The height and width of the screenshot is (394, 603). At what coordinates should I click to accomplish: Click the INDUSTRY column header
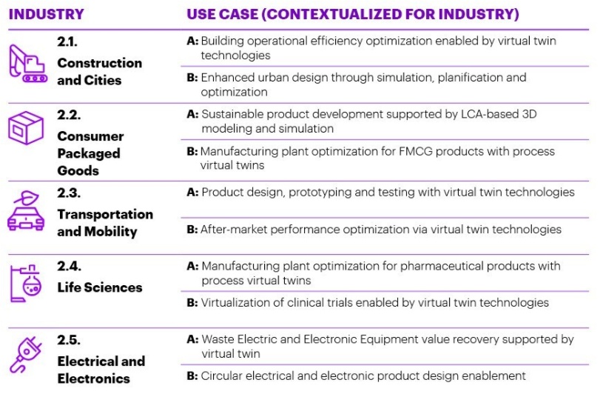46,14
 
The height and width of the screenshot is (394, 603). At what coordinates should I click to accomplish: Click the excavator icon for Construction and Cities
27,64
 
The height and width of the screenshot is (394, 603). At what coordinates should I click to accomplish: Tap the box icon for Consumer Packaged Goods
26,128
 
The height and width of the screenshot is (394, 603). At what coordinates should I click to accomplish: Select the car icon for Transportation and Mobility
26,211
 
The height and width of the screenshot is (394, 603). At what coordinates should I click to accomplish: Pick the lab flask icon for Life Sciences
26,283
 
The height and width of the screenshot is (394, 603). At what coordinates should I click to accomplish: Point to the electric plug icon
26,355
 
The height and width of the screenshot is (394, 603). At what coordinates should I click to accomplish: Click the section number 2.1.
67,41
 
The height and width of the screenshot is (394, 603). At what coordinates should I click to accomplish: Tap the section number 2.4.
70,267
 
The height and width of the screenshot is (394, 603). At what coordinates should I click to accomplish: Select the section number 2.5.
69,340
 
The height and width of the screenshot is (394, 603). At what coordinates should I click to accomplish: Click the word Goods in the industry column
78,170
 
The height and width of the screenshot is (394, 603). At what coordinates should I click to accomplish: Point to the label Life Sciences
100,287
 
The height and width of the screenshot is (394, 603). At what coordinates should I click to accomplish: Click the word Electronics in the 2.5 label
93,378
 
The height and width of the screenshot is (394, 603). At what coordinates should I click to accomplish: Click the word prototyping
320,193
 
